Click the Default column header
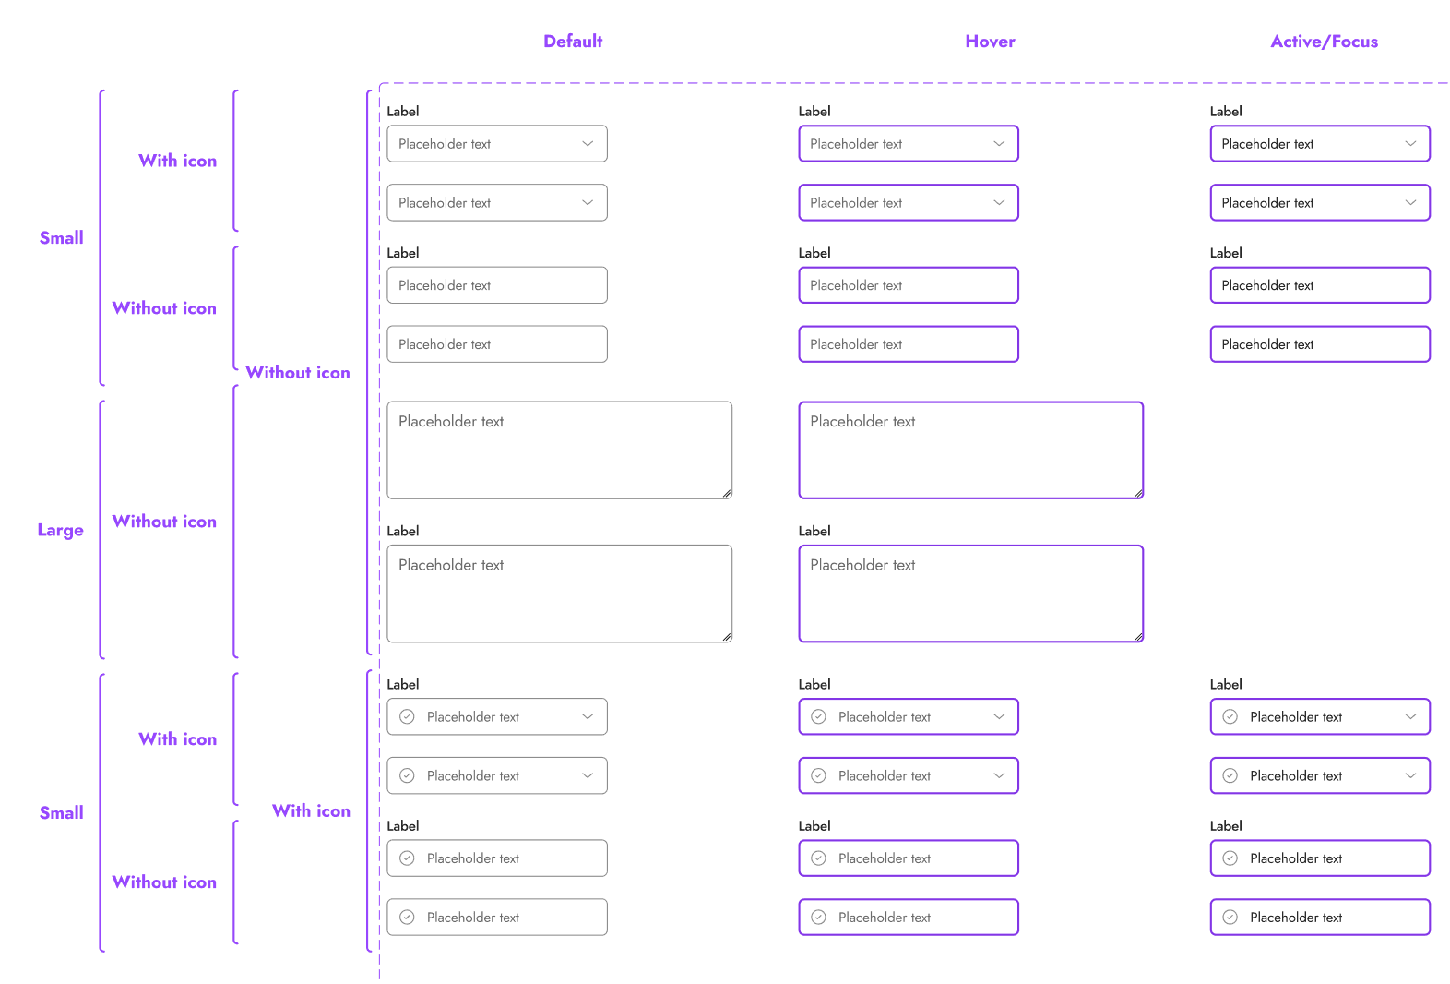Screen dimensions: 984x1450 click(573, 42)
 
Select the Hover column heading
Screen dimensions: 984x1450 click(990, 42)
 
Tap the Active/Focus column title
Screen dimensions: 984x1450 click(1324, 42)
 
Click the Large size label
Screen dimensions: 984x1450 click(61, 530)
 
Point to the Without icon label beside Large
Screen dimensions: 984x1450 click(164, 522)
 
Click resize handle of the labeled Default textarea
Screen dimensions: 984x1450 click(727, 637)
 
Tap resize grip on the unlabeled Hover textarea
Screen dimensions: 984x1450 click(1138, 494)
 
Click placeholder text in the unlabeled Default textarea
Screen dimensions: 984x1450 click(451, 422)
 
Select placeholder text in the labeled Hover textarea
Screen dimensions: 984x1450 click(862, 565)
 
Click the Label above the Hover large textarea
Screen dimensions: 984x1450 click(814, 531)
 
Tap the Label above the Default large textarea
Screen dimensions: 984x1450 click(403, 531)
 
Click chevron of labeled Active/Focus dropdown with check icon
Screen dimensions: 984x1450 click(1410, 716)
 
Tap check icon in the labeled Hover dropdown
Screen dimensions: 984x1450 click(818, 716)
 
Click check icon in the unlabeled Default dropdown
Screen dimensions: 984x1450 click(407, 775)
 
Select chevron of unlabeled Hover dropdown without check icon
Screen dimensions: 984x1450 click(999, 203)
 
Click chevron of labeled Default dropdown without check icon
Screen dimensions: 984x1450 click(588, 144)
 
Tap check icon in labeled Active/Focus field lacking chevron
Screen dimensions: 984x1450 click(1230, 858)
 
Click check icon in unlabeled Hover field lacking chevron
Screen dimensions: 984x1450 click(818, 918)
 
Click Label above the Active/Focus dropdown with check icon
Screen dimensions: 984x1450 click(1226, 684)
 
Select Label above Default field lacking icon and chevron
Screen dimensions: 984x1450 click(403, 253)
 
